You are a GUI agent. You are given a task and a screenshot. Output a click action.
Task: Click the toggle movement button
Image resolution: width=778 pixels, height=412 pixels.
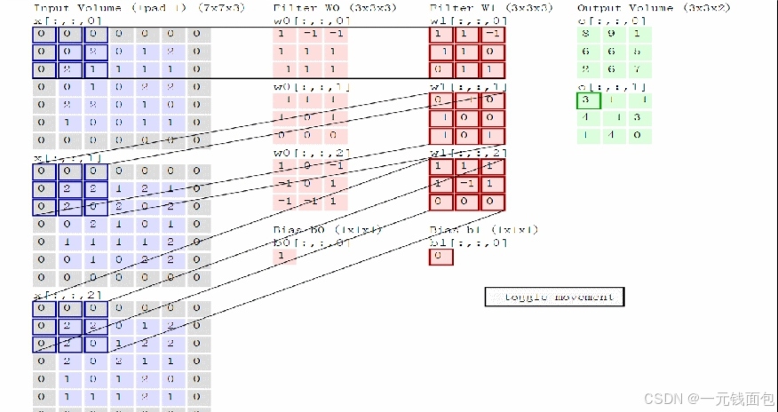pos(555,297)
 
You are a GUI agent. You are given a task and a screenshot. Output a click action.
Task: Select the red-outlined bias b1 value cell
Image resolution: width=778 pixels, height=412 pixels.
pos(441,257)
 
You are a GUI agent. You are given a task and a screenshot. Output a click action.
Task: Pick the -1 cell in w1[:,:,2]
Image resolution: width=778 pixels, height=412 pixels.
pos(465,184)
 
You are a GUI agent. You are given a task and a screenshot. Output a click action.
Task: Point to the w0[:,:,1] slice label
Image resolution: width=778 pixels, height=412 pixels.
pos(300,87)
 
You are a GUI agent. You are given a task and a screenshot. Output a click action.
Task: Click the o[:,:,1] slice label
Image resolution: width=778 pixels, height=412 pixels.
pos(604,87)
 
